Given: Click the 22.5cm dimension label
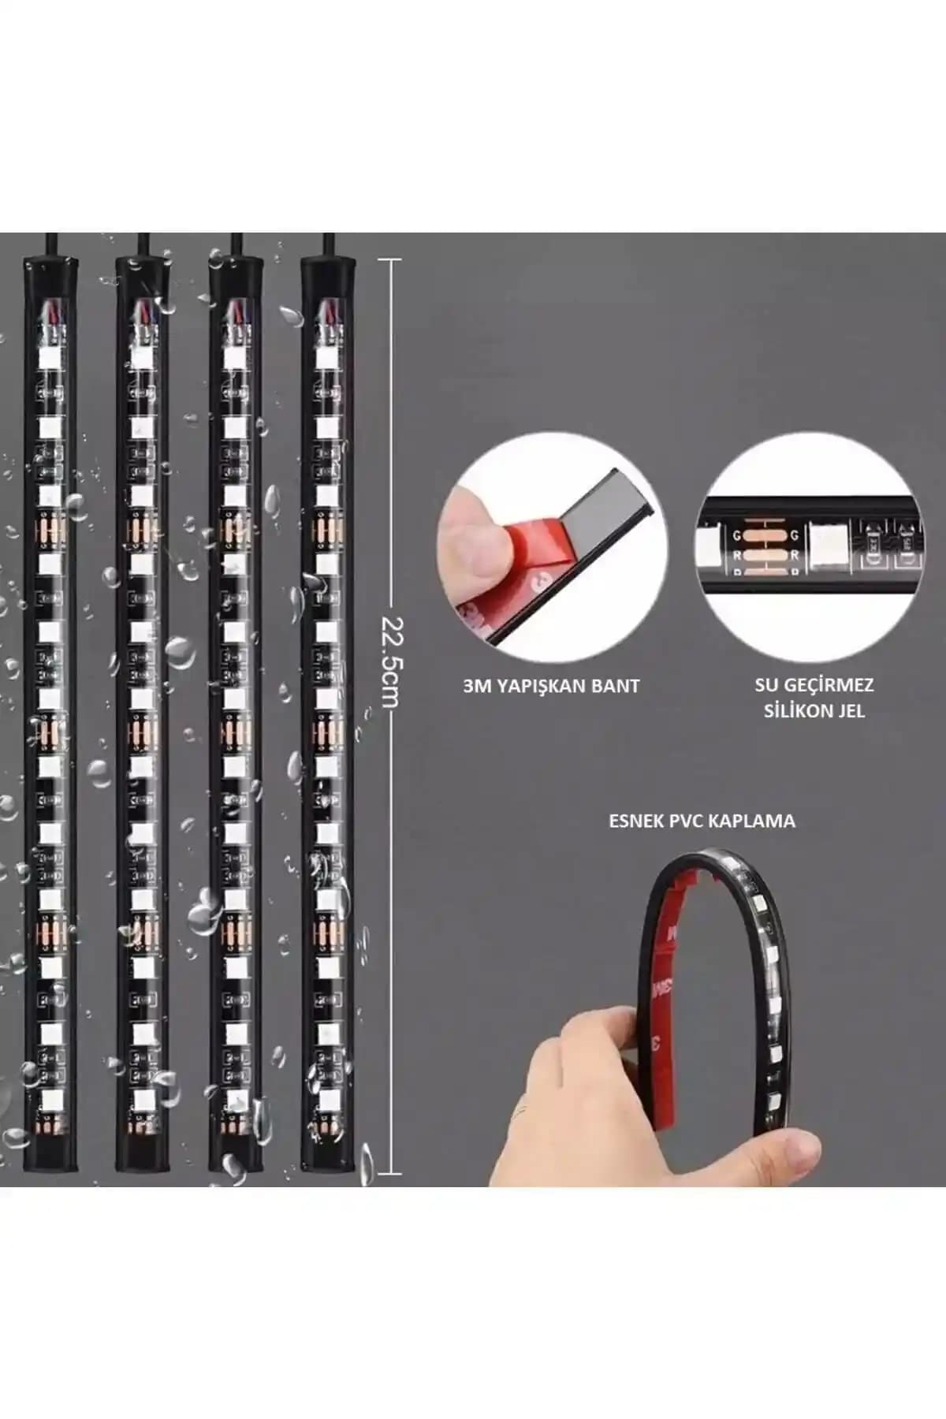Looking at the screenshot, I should click(x=392, y=660).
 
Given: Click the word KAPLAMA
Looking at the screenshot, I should click(x=755, y=821).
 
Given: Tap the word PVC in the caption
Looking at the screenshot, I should click(x=689, y=821).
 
